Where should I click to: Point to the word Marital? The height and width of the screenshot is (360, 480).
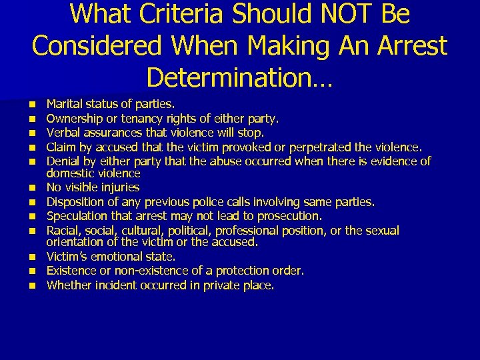click(x=62, y=104)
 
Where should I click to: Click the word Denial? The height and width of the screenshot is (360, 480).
click(x=61, y=161)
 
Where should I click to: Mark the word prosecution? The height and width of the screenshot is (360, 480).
click(x=289, y=216)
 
